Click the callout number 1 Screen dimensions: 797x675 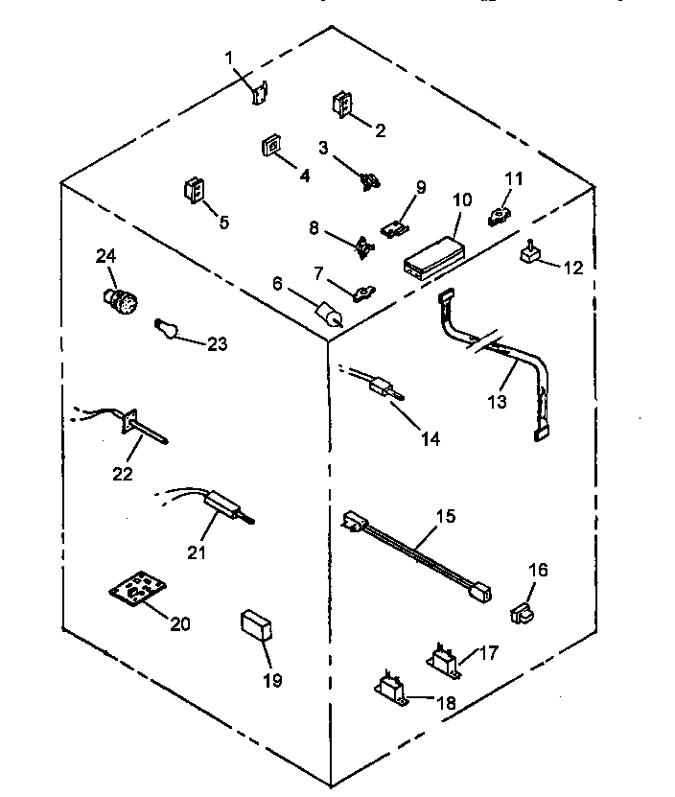click(x=230, y=59)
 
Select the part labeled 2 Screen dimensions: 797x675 click(x=341, y=105)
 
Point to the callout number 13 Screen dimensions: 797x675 click(x=496, y=402)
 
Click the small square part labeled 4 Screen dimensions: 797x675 click(x=270, y=147)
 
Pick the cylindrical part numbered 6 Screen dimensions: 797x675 click(x=329, y=317)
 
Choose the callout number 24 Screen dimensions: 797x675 click(x=105, y=255)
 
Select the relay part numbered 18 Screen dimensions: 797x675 click(x=389, y=688)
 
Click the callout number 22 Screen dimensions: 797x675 click(x=123, y=473)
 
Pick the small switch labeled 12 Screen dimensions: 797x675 click(x=528, y=253)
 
